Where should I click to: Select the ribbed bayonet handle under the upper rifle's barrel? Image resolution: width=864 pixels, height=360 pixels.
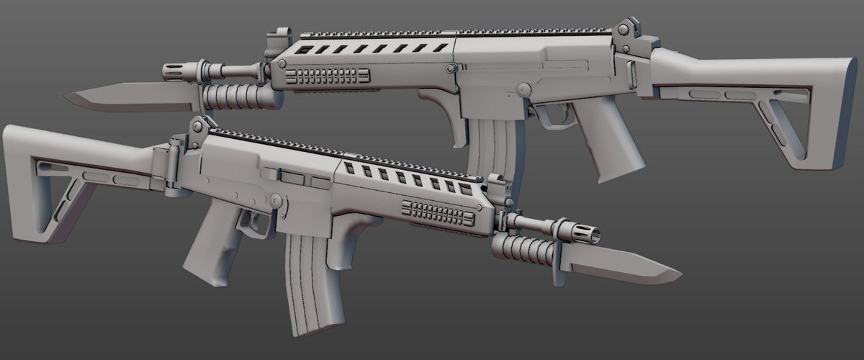click(x=238, y=96)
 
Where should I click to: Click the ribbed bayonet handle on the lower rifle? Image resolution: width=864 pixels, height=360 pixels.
click(x=518, y=248)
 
